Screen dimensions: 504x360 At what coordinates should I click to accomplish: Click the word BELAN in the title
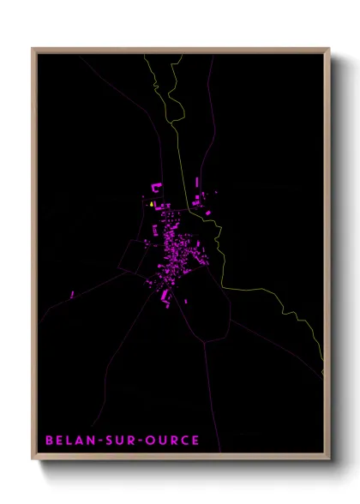click(69, 441)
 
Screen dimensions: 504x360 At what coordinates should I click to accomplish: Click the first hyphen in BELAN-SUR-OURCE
click(97, 441)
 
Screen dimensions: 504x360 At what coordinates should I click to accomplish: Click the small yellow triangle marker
click(152, 205)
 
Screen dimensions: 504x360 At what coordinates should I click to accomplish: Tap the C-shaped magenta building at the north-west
click(158, 186)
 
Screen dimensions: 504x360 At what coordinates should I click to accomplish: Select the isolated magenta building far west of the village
click(73, 295)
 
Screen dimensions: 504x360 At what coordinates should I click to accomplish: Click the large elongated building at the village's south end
click(165, 296)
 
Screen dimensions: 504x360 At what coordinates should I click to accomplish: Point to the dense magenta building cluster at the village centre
click(171, 249)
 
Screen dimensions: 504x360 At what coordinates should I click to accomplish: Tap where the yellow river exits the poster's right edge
click(322, 373)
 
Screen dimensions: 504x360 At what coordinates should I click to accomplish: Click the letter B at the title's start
click(49, 441)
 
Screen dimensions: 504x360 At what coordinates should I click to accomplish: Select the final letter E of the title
click(196, 441)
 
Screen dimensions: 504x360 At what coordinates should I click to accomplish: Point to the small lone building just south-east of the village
click(187, 301)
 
